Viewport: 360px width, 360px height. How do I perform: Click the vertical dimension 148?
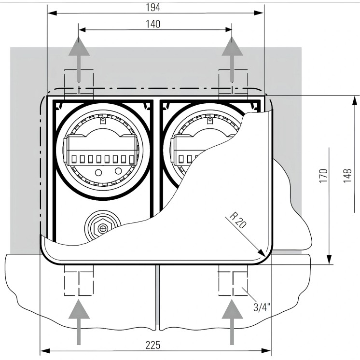tap(349, 177)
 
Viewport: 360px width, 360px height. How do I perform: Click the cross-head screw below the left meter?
tap(102, 227)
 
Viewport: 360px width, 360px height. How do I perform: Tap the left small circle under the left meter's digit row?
tap(98, 172)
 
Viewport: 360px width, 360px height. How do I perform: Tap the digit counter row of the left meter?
tap(101, 159)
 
